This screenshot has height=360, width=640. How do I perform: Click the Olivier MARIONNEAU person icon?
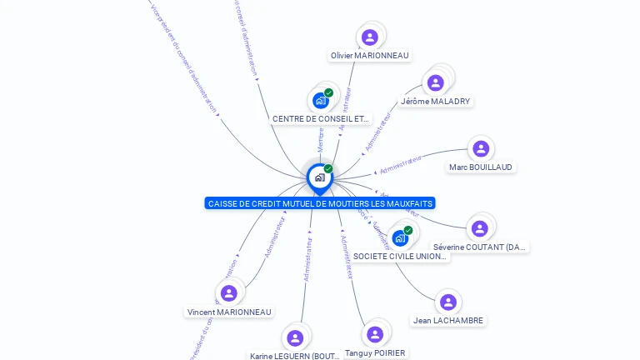[369, 37]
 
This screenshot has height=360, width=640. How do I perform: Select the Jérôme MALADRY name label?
[435, 102]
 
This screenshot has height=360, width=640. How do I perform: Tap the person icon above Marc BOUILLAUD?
[480, 149]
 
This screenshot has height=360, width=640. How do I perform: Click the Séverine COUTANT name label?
[480, 247]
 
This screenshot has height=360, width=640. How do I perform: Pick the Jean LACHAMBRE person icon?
[447, 302]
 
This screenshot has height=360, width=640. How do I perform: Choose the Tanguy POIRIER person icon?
[375, 334]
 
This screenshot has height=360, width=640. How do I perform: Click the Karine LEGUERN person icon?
[294, 337]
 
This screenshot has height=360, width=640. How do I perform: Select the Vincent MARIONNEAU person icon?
[228, 293]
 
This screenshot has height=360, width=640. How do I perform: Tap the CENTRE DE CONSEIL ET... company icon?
[320, 101]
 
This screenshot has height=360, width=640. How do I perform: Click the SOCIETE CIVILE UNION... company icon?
[400, 238]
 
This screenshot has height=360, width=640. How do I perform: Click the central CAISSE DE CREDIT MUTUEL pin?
[319, 177]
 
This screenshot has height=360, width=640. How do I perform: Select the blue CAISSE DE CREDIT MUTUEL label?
[320, 203]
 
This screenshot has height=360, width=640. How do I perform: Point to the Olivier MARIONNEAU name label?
[369, 56]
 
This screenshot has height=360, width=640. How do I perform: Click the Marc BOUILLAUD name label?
[481, 167]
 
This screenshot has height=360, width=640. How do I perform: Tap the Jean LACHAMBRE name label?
[448, 321]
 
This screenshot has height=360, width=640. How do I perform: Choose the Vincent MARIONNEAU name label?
[229, 312]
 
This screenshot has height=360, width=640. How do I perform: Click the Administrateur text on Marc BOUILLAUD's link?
[401, 164]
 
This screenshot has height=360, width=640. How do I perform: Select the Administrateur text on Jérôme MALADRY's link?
[377, 132]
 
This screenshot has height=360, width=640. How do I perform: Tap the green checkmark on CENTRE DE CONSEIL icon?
[329, 92]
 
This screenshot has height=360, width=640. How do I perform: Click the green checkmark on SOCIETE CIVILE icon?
[408, 230]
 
